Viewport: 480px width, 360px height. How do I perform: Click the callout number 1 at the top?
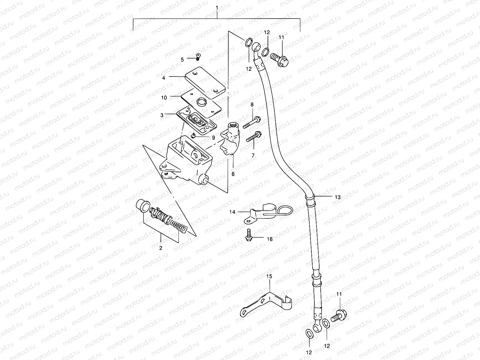tap(217, 7)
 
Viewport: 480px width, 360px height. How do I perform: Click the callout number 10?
tap(163, 97)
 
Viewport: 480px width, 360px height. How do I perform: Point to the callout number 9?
tap(213, 138)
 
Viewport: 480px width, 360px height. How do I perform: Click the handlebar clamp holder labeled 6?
tap(232, 144)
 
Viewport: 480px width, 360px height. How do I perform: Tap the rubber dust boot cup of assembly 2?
tap(142, 206)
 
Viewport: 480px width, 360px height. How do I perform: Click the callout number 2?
tap(161, 248)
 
